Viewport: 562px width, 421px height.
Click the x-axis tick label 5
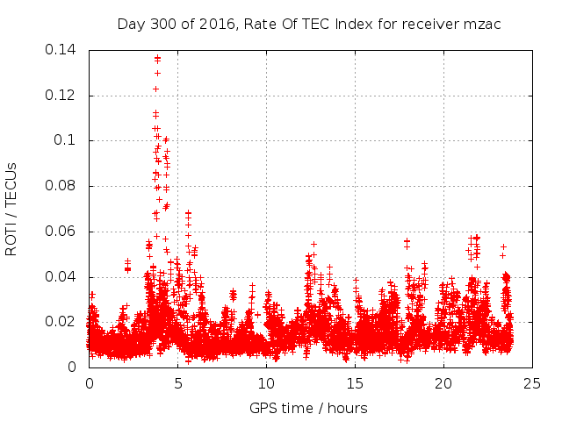pyautogui.click(x=177, y=383)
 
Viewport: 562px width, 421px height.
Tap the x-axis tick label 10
pyautogui.click(x=266, y=383)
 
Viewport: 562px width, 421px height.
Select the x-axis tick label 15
pyautogui.click(x=355, y=383)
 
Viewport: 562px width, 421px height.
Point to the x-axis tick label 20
pyautogui.click(x=443, y=383)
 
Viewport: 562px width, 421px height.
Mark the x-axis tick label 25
pyautogui.click(x=532, y=383)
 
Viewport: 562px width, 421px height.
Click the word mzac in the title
pyautogui.click(x=482, y=24)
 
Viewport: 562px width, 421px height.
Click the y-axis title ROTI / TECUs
pyautogui.click(x=12, y=209)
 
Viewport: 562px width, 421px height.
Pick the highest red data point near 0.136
pyautogui.click(x=157, y=58)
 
